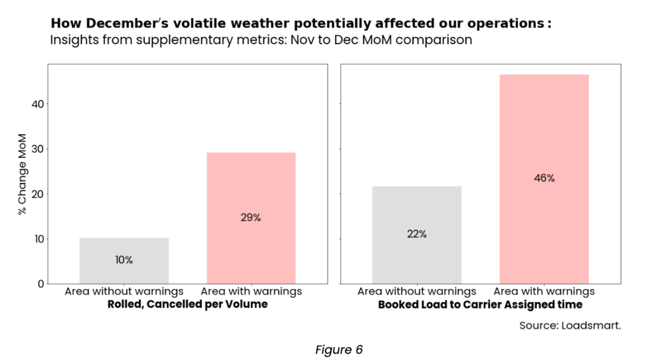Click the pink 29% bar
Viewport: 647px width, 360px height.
pos(251,218)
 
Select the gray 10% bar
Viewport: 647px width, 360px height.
pos(124,260)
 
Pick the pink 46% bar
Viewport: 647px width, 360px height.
pos(544,178)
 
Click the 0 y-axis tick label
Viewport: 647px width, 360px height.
pos(40,284)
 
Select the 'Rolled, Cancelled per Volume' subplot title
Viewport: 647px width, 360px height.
pos(187,304)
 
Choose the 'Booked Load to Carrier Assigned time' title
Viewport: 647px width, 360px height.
pos(480,304)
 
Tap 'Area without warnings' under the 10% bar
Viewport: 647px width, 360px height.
pos(124,292)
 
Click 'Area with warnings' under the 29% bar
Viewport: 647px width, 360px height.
pos(251,292)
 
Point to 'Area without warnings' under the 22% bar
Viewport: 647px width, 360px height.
pos(417,292)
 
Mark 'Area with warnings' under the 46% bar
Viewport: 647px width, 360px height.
pos(544,292)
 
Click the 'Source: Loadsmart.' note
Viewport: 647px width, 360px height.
pos(570,326)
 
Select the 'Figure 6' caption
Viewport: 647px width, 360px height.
pos(339,349)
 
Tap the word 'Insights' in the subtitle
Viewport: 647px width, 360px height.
pos(71,40)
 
